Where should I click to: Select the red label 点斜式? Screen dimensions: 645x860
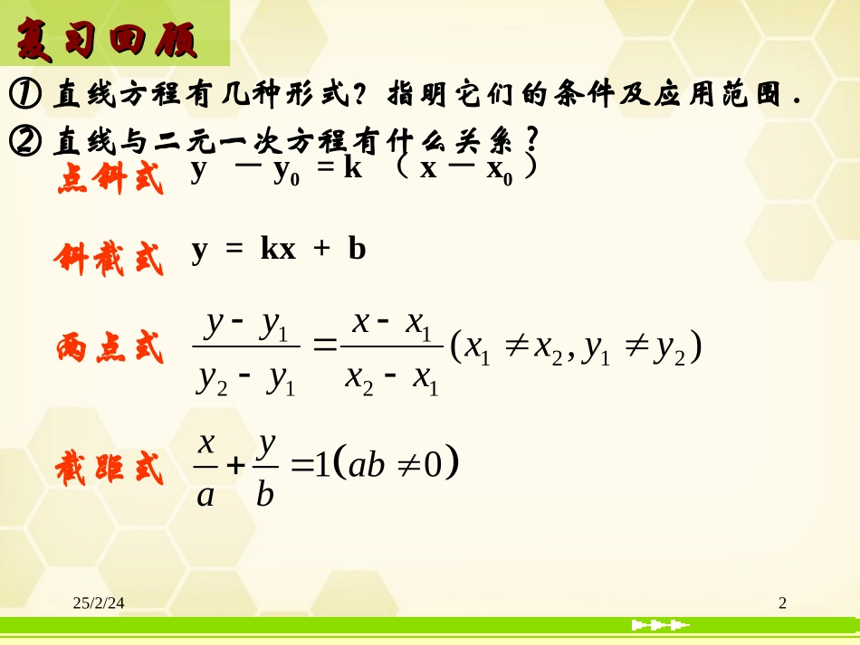(x=110, y=179)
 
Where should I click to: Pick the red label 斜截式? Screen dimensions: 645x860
(x=109, y=259)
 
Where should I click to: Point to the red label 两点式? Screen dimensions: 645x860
(x=109, y=348)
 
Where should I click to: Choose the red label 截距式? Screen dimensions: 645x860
(x=109, y=469)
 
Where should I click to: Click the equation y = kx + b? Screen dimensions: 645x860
(x=278, y=250)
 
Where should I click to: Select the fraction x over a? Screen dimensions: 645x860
(x=205, y=468)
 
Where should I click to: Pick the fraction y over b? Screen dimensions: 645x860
(x=265, y=468)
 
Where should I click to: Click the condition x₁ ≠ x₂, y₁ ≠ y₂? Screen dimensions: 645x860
(x=577, y=348)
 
